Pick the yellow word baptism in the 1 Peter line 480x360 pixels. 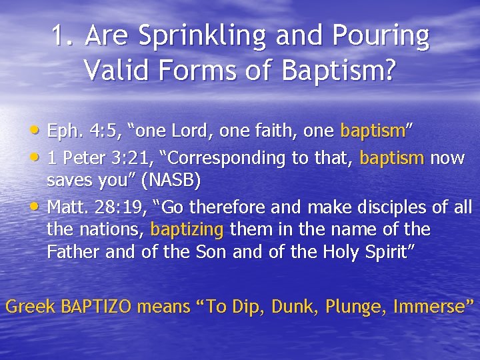392,158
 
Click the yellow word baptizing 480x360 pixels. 188,230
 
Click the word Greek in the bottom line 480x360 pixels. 30,307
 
